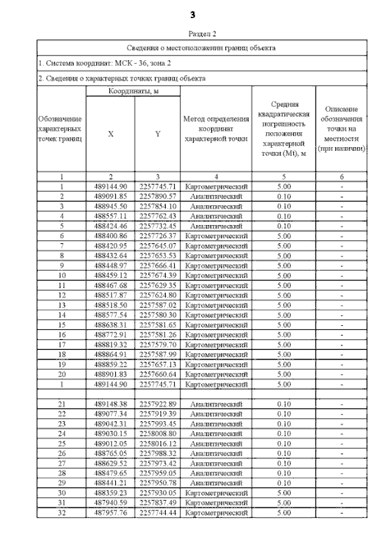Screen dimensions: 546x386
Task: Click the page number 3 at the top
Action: (x=193, y=13)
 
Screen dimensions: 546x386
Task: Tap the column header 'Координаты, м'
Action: (x=133, y=91)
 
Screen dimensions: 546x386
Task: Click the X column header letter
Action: (x=110, y=135)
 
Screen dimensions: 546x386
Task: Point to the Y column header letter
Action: (x=157, y=135)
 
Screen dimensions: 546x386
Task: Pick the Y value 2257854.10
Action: (x=157, y=206)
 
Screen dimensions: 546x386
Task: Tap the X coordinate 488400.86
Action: (x=110, y=234)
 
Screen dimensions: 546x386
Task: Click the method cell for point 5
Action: (x=216, y=224)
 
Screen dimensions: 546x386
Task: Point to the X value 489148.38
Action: (x=110, y=403)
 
